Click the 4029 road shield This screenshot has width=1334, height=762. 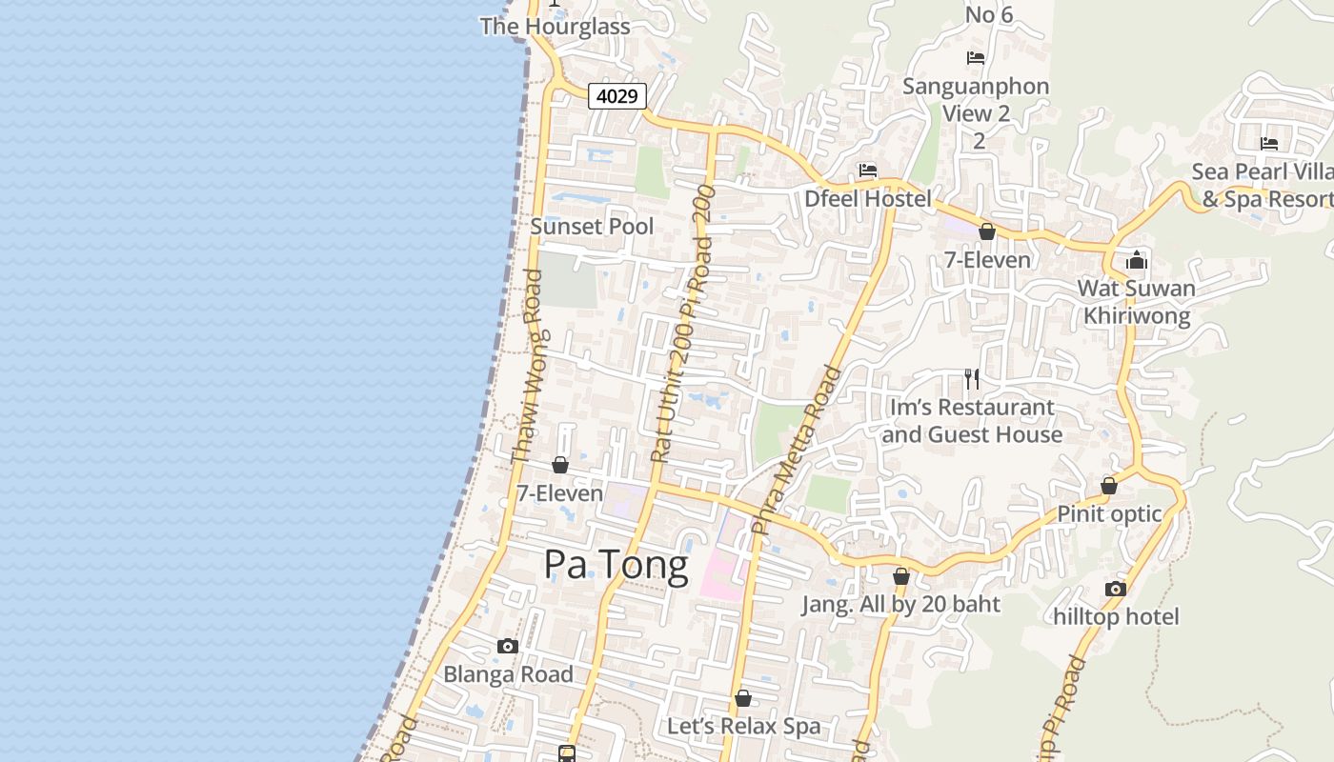617,96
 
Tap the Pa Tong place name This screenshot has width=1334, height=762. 616,565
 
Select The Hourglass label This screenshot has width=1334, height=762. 555,27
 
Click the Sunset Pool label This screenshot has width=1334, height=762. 592,227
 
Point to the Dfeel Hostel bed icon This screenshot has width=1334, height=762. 867,171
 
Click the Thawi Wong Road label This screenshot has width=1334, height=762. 527,367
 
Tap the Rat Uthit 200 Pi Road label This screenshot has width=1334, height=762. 682,324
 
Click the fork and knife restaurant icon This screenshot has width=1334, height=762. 972,379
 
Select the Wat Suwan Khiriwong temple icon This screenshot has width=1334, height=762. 1136,260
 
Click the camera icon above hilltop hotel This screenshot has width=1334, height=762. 1116,589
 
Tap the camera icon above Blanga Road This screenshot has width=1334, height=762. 508,647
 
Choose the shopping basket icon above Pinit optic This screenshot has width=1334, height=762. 1109,487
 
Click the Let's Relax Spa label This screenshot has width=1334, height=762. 743,726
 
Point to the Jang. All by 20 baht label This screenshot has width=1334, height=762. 900,604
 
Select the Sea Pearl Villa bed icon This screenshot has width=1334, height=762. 1269,144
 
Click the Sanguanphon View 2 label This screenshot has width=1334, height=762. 976,99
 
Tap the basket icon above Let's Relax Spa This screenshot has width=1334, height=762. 743,699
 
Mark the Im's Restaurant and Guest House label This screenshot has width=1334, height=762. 972,421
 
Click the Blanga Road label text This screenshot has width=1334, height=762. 508,674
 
